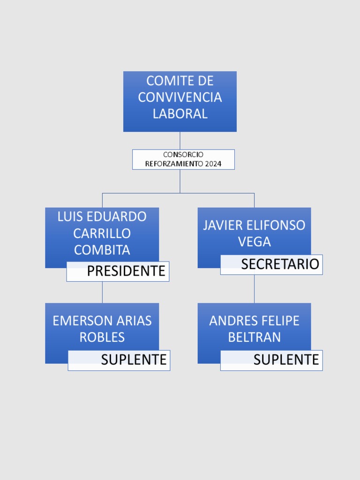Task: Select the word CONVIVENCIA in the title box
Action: pyautogui.click(x=180, y=97)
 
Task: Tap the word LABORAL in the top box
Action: pyautogui.click(x=180, y=113)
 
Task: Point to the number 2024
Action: pyautogui.click(x=213, y=164)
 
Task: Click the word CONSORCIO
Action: pyautogui.click(x=183, y=155)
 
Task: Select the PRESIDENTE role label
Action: pyautogui.click(x=126, y=271)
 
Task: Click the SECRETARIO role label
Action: pyautogui.click(x=280, y=264)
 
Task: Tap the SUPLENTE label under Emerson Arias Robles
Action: pyautogui.click(x=134, y=360)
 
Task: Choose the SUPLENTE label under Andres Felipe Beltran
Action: pyautogui.click(x=286, y=360)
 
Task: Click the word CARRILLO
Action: pyautogui.click(x=102, y=233)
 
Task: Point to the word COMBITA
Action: pyautogui.click(x=102, y=250)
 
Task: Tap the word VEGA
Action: pyautogui.click(x=255, y=242)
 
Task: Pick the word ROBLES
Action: pyautogui.click(x=102, y=337)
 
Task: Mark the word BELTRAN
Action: pyautogui.click(x=255, y=337)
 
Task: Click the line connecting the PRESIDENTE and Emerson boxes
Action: pyautogui.click(x=102, y=292)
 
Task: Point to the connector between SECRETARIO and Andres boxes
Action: pyautogui.click(x=255, y=289)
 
